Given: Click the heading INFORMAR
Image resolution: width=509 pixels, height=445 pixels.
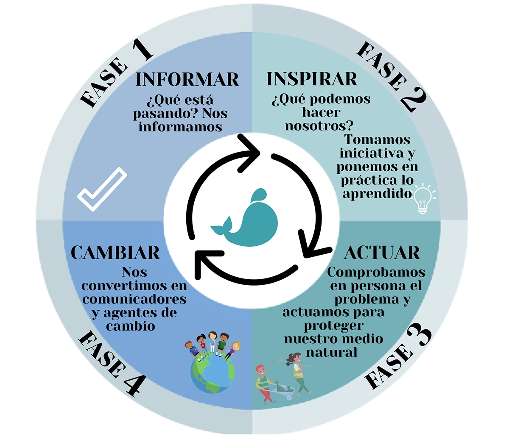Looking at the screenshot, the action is click(x=187, y=79).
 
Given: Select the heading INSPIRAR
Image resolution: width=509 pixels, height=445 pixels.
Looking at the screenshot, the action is click(x=312, y=79).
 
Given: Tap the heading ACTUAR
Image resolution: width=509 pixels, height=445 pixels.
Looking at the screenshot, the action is click(x=382, y=253).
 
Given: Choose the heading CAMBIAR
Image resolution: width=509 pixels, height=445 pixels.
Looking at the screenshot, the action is click(x=115, y=253).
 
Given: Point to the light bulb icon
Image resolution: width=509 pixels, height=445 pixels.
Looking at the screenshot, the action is click(x=423, y=198).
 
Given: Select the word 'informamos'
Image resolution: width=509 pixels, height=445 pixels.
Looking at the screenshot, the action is click(x=180, y=127).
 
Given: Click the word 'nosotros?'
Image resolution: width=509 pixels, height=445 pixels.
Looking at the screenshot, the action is click(x=319, y=125).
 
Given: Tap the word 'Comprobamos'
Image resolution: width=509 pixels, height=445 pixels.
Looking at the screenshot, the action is click(x=376, y=272).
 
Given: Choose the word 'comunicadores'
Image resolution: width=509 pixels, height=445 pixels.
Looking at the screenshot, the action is click(x=134, y=299).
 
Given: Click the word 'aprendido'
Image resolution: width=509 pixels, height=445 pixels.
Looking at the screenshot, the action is click(x=377, y=194).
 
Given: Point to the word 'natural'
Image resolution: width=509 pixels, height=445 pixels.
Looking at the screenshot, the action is click(x=332, y=352).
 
